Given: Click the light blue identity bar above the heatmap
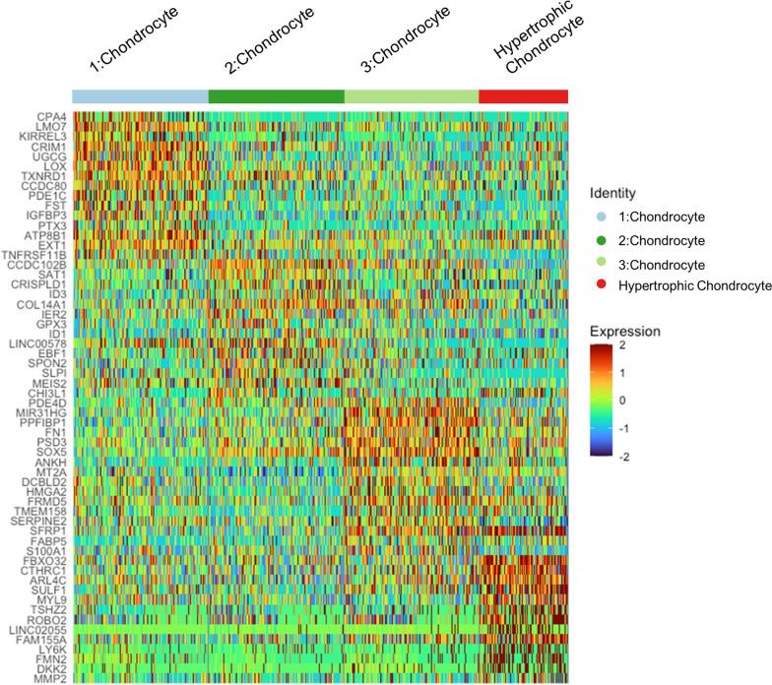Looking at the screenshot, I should tap(140, 96).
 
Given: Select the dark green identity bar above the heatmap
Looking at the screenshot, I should tap(276, 96).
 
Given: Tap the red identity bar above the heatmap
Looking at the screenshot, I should tap(523, 96).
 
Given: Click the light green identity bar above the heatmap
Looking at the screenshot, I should tap(411, 96).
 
